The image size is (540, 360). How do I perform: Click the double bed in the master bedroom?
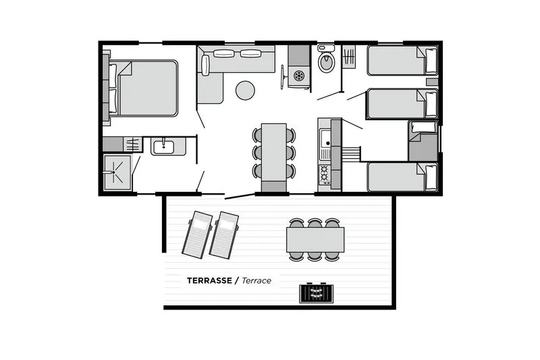pos(145,88)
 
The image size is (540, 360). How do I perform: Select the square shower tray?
pos(117,172)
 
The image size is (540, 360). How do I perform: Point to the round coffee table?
pos(245,90)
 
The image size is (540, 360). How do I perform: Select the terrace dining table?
pos(315,239)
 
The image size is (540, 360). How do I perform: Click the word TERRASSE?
pos(209,280)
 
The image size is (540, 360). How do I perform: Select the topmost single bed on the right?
pos(402,61)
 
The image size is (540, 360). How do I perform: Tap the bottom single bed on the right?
pos(402,177)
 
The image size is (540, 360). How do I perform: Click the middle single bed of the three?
pos(402,104)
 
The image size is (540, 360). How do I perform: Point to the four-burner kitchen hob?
pos(325,174)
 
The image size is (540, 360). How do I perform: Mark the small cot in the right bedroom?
pos(423,140)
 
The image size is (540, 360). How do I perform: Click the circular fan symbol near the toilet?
pos(298,76)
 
